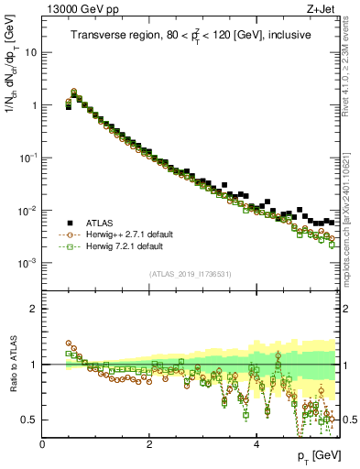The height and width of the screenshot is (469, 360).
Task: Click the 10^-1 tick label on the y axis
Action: (28, 158)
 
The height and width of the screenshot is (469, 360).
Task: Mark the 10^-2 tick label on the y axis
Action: (28, 211)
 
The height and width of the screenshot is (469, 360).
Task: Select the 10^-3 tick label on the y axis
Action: (28, 264)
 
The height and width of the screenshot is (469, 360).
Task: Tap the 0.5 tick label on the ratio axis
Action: (30, 420)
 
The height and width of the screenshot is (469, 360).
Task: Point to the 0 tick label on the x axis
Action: (42, 444)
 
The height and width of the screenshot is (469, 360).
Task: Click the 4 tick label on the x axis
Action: (256, 444)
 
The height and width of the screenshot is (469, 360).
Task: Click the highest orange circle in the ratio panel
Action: (69, 344)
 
